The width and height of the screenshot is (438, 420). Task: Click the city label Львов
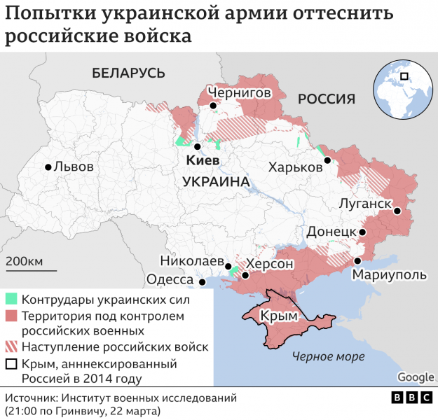tap(74, 167)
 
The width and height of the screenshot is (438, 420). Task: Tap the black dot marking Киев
tap(198, 147)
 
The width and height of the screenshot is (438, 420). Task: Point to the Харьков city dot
tap(327, 160)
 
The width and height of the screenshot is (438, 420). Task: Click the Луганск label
tap(364, 204)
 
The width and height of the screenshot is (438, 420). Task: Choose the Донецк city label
tap(331, 232)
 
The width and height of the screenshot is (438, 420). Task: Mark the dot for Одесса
tap(203, 283)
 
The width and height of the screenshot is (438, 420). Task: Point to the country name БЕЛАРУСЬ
tap(128, 73)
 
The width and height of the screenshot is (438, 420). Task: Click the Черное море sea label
tap(329, 356)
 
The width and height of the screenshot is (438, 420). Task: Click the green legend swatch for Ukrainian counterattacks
tap(11, 300)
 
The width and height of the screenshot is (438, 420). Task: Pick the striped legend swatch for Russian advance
tap(11, 347)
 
